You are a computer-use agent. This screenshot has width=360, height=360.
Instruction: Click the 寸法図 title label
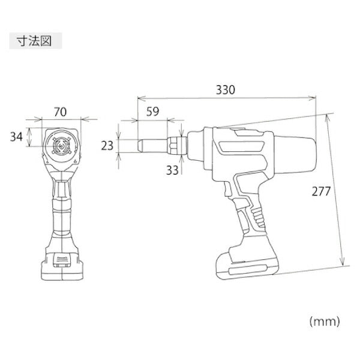pyautogui.click(x=34, y=43)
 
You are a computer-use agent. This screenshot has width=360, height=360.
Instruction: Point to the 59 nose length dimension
pyautogui.click(x=152, y=110)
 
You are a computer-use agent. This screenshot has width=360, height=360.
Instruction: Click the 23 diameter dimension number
pyautogui.click(x=108, y=145)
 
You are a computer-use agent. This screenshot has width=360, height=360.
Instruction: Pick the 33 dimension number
pyautogui.click(x=172, y=170)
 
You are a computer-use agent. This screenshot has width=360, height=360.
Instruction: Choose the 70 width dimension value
pyautogui.click(x=61, y=110)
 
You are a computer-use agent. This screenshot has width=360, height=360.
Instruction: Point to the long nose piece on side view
pyautogui.click(x=153, y=145)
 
